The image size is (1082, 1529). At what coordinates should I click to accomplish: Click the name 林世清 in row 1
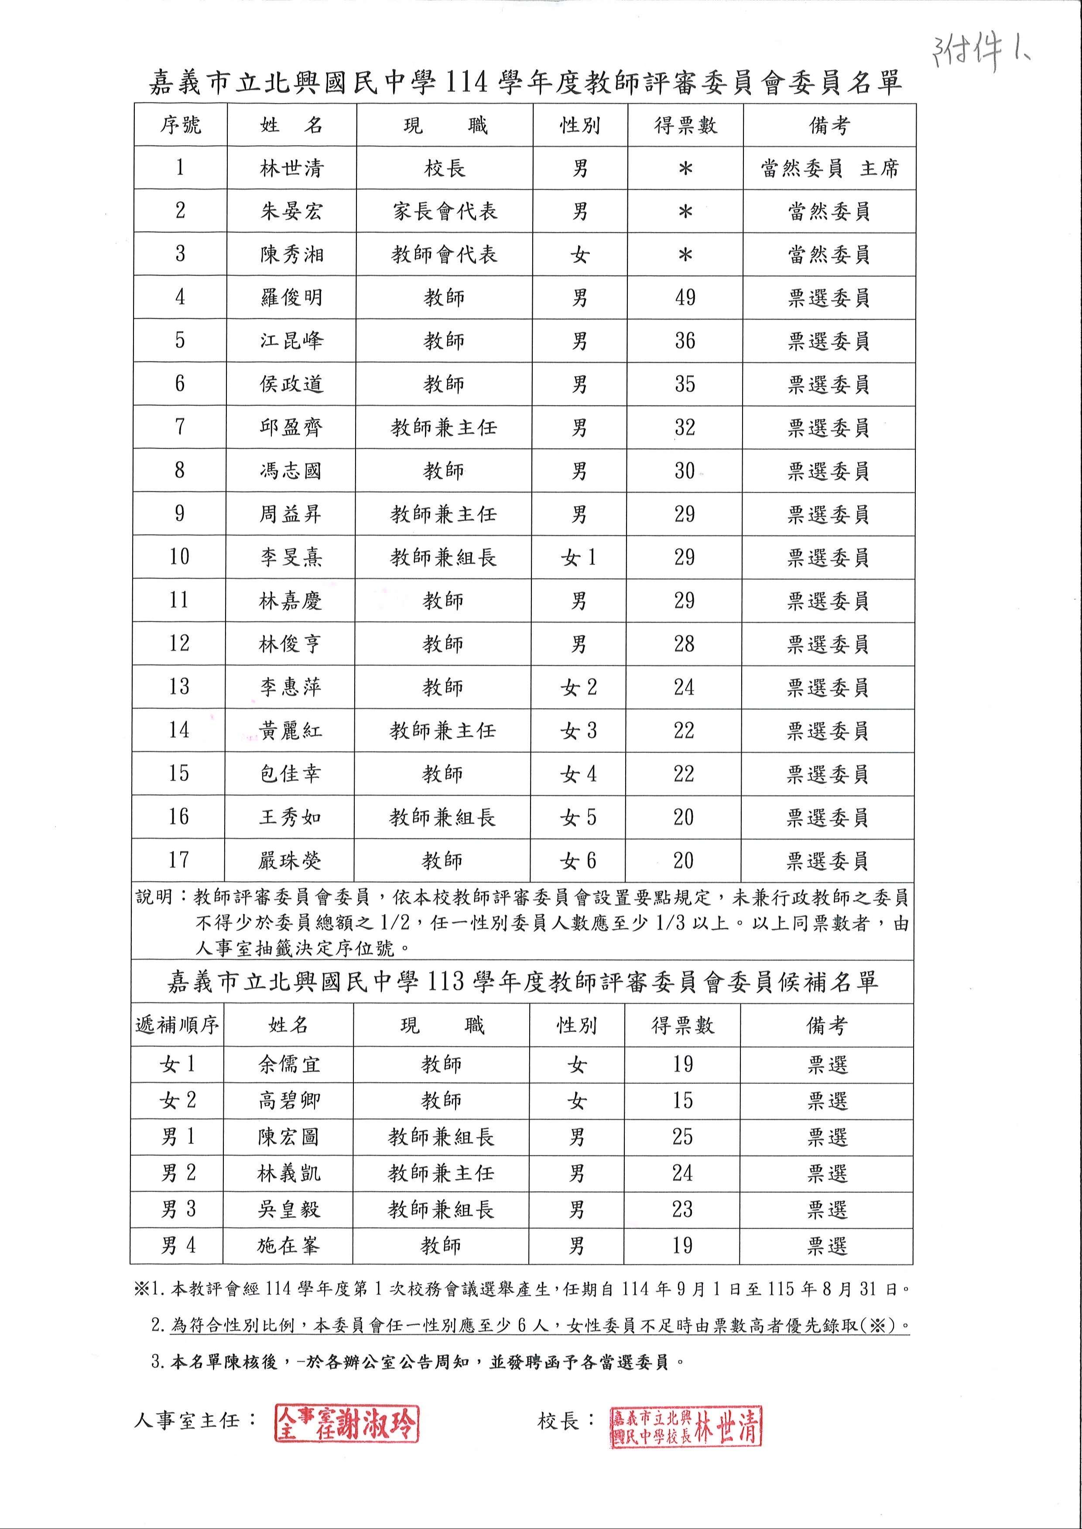tap(291, 168)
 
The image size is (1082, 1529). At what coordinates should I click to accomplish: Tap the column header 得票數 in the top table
tap(685, 125)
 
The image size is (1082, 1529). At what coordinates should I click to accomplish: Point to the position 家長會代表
tap(445, 211)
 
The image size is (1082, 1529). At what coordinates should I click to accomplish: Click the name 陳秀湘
tap(291, 254)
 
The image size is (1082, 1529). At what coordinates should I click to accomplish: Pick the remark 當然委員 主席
tap(829, 168)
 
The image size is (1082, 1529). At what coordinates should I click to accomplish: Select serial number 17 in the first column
tap(178, 860)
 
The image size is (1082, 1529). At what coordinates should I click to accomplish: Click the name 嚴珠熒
tap(290, 860)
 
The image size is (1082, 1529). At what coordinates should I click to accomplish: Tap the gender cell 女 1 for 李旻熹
tap(579, 557)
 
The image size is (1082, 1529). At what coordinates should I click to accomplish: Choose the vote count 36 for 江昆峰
tap(685, 341)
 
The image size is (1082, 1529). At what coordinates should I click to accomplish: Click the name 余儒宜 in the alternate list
tap(289, 1064)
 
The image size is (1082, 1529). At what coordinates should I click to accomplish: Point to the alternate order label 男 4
tap(178, 1245)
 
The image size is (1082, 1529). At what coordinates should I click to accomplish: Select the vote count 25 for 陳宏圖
tap(683, 1137)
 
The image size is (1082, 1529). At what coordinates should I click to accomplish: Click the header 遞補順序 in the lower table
tap(177, 1025)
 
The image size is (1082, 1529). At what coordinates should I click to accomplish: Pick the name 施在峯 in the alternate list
tap(288, 1245)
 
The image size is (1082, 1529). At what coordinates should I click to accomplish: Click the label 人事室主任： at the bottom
tap(195, 1420)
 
